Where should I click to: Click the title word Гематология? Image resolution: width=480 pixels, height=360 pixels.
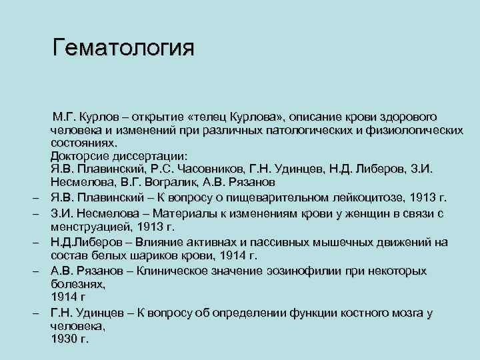123,48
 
